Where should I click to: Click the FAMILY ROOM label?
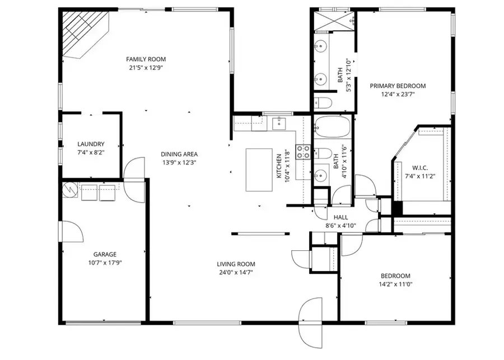point(146,59)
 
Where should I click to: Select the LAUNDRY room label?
point(91,144)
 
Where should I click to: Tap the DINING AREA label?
point(179,154)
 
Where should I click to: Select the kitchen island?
point(259,170)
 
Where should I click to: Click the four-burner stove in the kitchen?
point(303,151)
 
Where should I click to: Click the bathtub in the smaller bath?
point(332,126)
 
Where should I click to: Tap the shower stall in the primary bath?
point(333,20)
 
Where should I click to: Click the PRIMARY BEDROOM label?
point(398,86)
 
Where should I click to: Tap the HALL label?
point(341,217)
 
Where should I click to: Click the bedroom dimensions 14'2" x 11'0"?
point(396,284)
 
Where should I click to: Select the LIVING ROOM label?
point(236,264)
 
